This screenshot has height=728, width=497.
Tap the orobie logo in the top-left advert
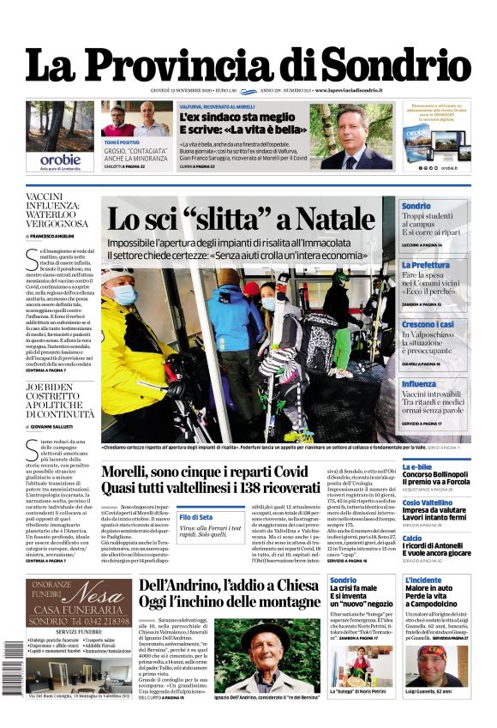coord(60,159)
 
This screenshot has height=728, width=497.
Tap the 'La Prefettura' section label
coord(425,266)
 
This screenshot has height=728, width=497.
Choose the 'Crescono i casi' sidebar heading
coord(428,324)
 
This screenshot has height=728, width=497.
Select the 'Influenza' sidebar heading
coord(419,384)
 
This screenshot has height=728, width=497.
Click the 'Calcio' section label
coord(412,538)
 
